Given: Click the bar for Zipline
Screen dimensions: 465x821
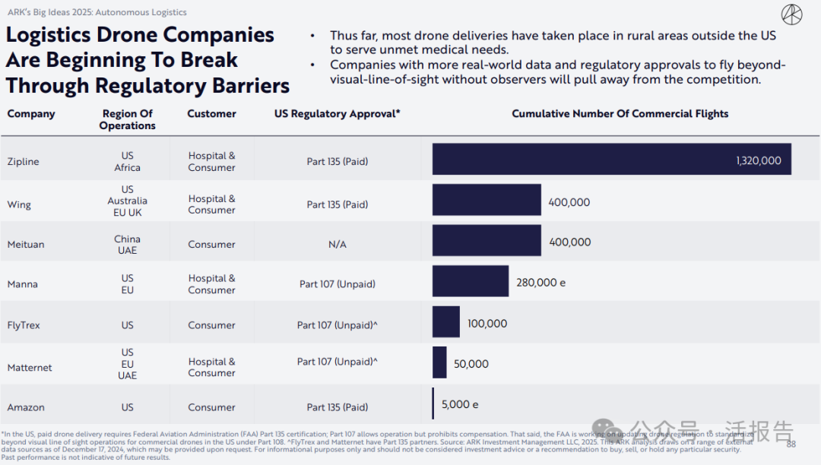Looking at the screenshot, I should pos(611,159).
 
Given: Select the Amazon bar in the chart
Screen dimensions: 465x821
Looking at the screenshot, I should pos(433,403).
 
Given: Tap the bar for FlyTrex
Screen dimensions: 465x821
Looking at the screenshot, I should pos(446,322).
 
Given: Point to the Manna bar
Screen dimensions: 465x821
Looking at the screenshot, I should pos(471,281).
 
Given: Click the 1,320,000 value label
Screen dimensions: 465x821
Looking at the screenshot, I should pos(758,160).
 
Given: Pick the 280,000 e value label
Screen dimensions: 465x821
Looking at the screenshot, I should pos(540,283).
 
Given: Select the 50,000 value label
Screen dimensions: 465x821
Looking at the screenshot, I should pos(471,364).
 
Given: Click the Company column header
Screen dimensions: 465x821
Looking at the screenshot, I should pos(31,114).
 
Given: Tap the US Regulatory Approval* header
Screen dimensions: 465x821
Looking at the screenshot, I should pos(337,114).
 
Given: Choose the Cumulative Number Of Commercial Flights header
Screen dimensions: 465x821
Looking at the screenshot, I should pos(620,114).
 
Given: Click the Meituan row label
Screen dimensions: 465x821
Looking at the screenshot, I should pos(26,245).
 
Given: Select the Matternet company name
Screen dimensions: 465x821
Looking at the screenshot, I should pos(30,368).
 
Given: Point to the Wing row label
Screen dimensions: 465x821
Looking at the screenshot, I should pos(19,204).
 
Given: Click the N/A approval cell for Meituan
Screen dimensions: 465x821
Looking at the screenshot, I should pos(337,245).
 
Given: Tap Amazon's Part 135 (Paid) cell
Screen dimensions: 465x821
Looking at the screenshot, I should pos(337,407).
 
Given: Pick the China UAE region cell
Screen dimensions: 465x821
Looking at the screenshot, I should pos(127,245).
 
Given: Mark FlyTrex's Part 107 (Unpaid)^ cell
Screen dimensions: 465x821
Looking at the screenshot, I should pos(337,325).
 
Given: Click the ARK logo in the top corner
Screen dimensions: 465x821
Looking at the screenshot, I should pos(791,14).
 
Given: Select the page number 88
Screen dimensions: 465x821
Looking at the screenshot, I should pos(791,444).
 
